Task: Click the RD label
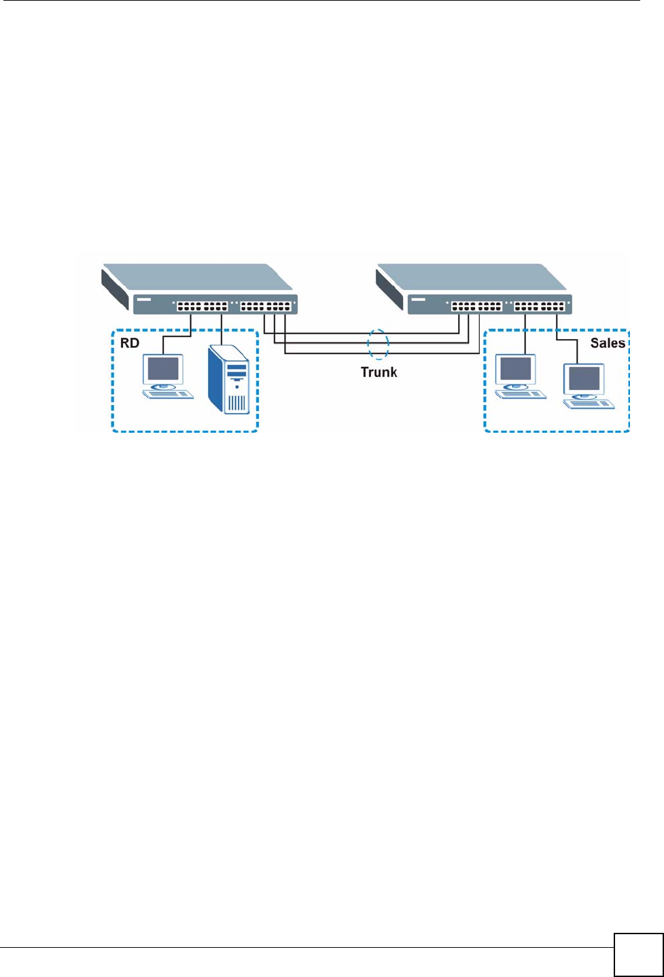point(130,343)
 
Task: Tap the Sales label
point(607,343)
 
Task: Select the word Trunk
point(379,372)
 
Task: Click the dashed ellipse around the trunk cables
point(379,344)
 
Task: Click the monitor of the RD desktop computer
point(163,369)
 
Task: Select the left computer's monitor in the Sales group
point(516,369)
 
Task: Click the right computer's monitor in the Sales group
point(584,378)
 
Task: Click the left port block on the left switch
point(202,306)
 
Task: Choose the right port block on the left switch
point(266,306)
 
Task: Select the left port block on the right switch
point(476,306)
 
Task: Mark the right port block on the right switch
point(540,306)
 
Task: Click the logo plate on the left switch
point(144,299)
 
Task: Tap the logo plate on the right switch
point(419,299)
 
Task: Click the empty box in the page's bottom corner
point(638,955)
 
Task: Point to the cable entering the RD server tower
point(224,329)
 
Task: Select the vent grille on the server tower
point(237,404)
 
